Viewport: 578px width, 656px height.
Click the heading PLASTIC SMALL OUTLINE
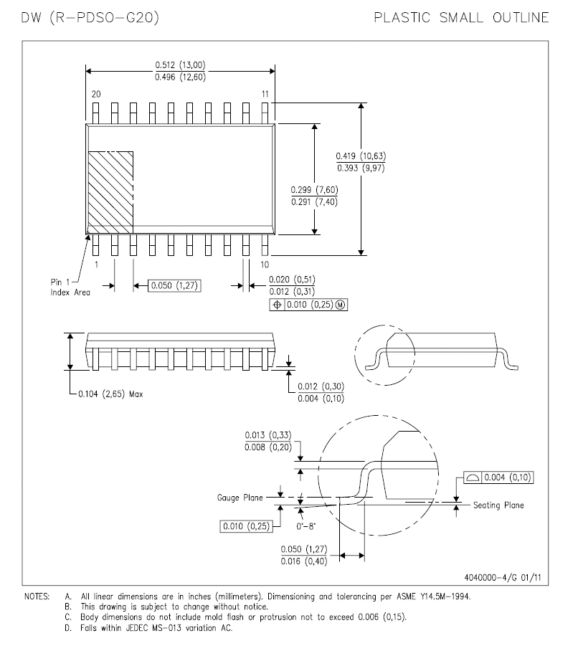[x=462, y=16]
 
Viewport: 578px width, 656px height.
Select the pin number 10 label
[x=265, y=265]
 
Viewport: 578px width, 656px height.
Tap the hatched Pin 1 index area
[x=110, y=192]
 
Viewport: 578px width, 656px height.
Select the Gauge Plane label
[x=239, y=497]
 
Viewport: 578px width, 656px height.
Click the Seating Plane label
[x=498, y=505]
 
